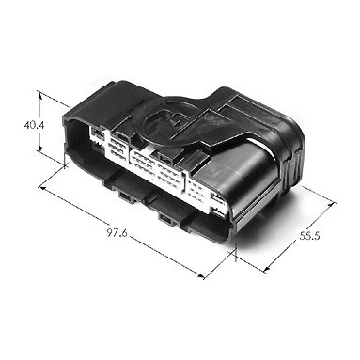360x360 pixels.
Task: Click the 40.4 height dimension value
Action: (35, 125)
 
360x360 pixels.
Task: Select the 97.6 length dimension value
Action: (117, 233)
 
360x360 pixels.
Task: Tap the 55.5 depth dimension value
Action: (309, 236)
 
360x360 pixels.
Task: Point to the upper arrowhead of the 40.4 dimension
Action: (39, 95)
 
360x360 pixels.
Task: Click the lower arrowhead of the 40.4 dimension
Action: (40, 148)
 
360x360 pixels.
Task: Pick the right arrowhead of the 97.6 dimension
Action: (201, 276)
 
